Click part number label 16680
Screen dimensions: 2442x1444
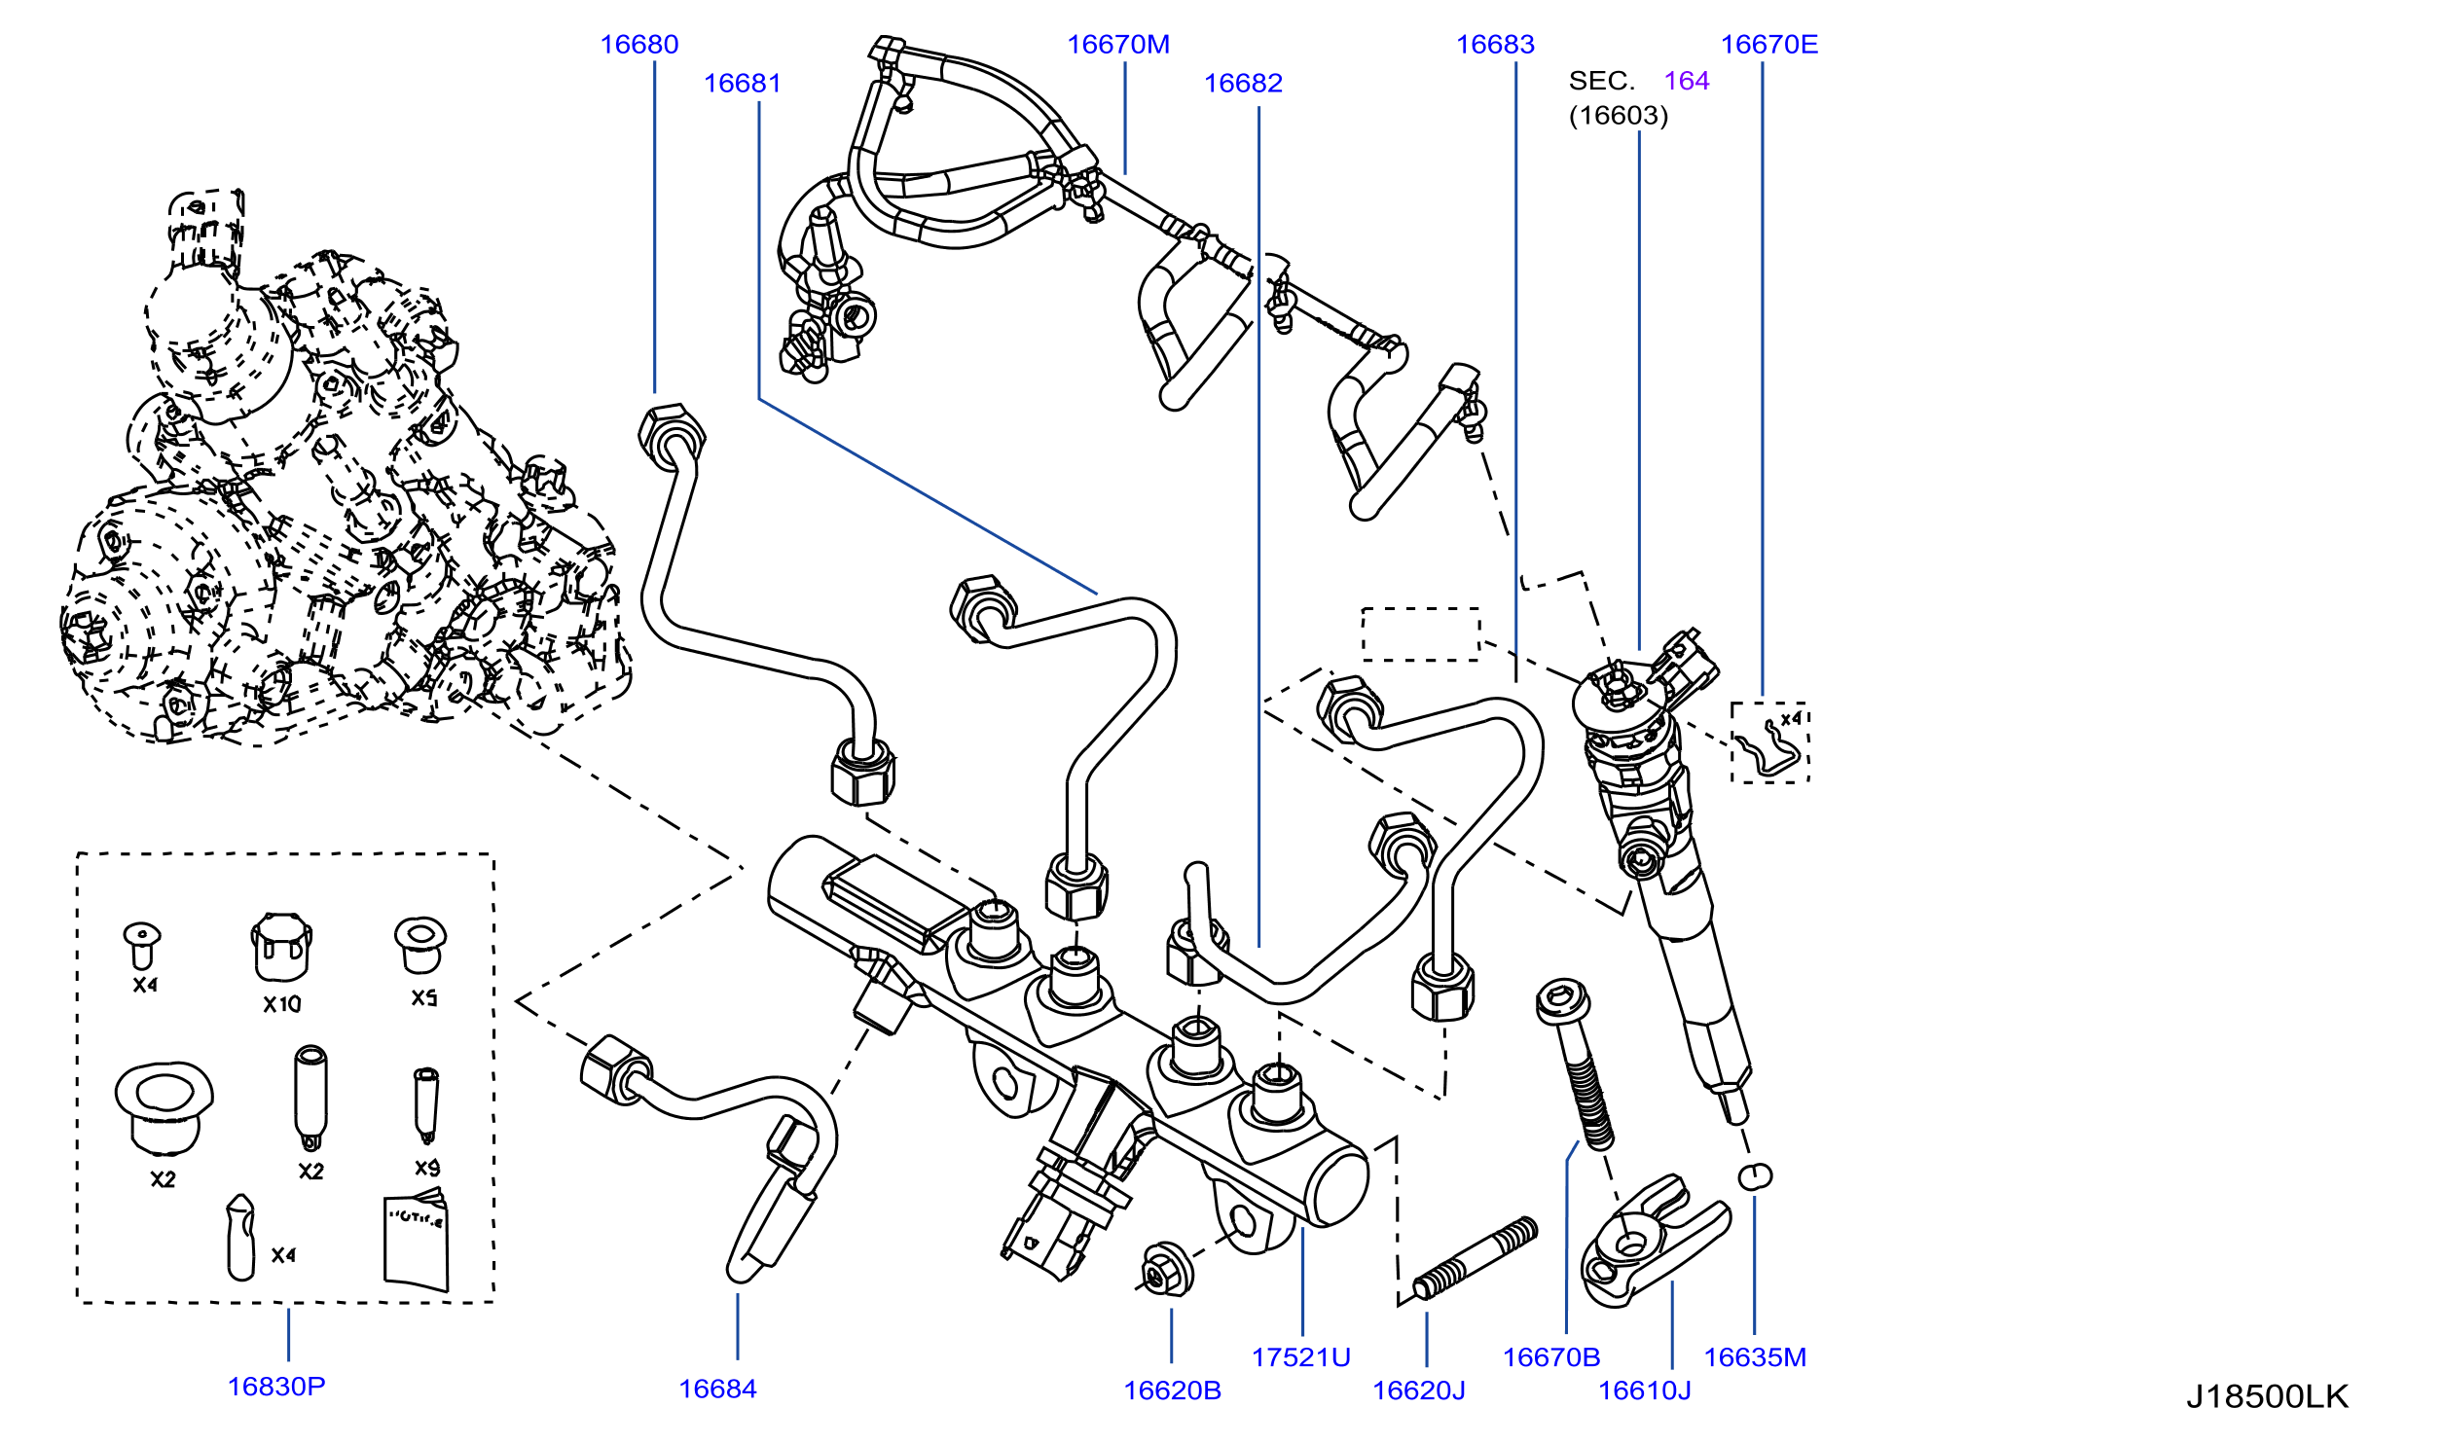[x=638, y=45]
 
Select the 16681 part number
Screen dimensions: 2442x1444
[x=743, y=84]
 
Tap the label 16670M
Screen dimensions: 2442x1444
[x=1118, y=45]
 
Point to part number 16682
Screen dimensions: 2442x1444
[x=1243, y=84]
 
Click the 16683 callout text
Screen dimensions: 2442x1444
[x=1495, y=45]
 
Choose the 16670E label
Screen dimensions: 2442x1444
[x=1768, y=45]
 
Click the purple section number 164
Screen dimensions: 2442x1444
[x=1687, y=81]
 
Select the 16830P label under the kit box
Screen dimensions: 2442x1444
[x=276, y=1387]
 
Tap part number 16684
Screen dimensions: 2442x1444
[x=717, y=1390]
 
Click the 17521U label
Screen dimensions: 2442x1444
[x=1301, y=1357]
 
